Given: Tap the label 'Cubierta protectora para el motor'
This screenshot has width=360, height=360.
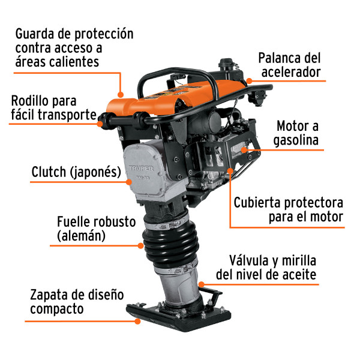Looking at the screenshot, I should tap(289, 209).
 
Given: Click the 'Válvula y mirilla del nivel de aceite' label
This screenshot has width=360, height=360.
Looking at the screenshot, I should tap(273, 268).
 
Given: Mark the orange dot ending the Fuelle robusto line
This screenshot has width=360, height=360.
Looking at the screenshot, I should tap(140, 245).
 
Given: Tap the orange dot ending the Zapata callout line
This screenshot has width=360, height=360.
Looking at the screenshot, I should tap(138, 322).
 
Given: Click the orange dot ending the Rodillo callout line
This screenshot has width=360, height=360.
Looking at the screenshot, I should tap(99, 124).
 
